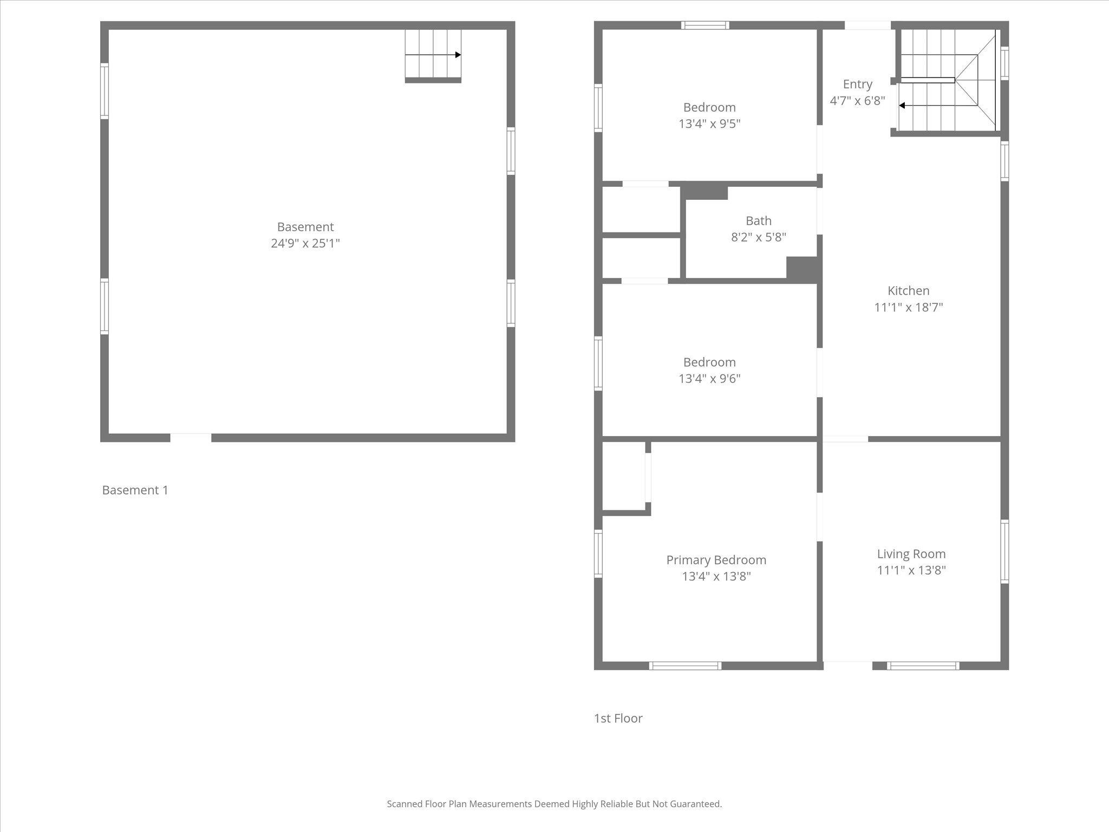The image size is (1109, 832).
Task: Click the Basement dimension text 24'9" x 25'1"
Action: pyautogui.click(x=305, y=243)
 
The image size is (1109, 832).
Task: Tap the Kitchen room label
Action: pyautogui.click(x=908, y=291)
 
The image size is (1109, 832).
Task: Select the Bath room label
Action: pyautogui.click(x=758, y=221)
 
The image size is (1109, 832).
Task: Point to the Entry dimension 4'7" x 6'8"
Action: pyautogui.click(x=857, y=101)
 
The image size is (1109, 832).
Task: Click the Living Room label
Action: pyautogui.click(x=911, y=554)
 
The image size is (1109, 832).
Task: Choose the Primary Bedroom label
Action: pyautogui.click(x=716, y=560)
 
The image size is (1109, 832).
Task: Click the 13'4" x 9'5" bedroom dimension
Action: pyautogui.click(x=709, y=124)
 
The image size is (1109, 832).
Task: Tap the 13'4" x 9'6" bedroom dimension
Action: pyautogui.click(x=709, y=379)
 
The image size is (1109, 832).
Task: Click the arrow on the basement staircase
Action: pyautogui.click(x=458, y=55)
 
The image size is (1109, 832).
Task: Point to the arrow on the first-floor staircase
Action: pyautogui.click(x=902, y=106)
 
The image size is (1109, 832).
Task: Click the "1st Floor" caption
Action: pyautogui.click(x=618, y=718)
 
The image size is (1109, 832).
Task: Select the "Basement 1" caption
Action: pyautogui.click(x=135, y=490)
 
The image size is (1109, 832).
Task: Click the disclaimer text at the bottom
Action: pyautogui.click(x=554, y=804)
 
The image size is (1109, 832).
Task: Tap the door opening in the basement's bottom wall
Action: pyautogui.click(x=191, y=438)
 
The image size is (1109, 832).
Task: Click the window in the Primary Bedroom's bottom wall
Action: pyautogui.click(x=685, y=666)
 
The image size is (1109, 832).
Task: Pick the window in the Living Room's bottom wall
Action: pyautogui.click(x=923, y=666)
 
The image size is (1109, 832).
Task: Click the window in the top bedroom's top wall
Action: pyautogui.click(x=705, y=25)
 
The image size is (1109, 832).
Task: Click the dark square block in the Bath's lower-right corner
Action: pyautogui.click(x=801, y=269)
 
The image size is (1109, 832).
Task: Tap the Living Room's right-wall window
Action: pyautogui.click(x=1004, y=551)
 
